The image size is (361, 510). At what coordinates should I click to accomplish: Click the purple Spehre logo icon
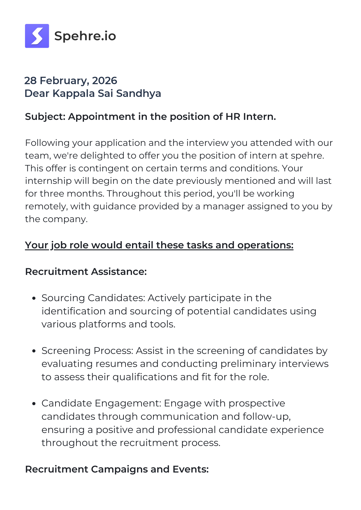37,36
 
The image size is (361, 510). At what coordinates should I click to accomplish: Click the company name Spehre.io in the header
85,36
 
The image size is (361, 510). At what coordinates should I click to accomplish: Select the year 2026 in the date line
104,81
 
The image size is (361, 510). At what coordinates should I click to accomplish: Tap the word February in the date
64,81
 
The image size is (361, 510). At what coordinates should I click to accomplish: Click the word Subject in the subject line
45,117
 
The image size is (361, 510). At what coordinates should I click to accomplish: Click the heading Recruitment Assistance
86,272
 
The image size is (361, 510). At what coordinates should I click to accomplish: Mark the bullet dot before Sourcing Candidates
34,298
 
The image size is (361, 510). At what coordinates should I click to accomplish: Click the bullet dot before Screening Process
34,351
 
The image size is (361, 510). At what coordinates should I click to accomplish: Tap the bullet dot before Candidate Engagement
34,404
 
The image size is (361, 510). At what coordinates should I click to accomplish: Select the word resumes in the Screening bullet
115,364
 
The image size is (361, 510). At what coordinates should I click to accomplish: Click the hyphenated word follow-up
267,417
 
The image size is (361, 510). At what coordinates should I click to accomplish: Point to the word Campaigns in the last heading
119,469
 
